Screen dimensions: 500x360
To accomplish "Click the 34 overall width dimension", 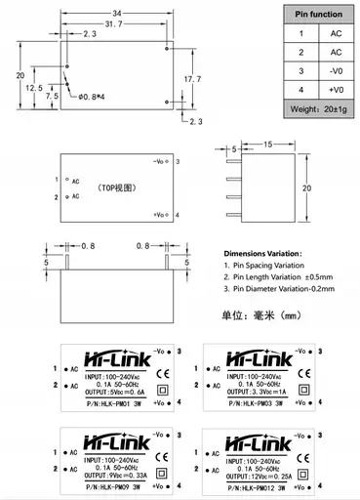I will [x=118, y=13].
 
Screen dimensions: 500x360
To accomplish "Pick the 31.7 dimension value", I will [x=123, y=24].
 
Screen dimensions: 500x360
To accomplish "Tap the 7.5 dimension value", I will [x=51, y=97].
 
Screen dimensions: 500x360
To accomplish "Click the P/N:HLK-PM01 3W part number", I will [x=104, y=402].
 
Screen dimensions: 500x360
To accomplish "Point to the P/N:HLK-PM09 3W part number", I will [x=104, y=485].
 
